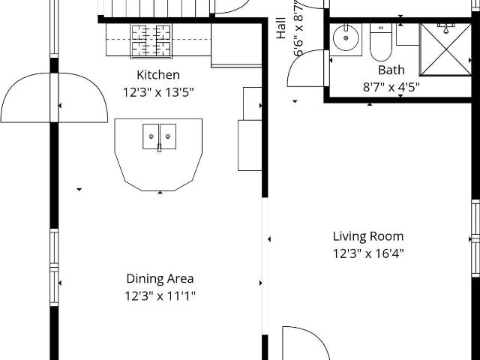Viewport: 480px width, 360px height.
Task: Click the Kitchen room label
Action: tap(158, 75)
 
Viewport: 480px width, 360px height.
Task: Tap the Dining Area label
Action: tap(160, 279)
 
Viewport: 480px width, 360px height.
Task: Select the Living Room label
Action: tap(368, 237)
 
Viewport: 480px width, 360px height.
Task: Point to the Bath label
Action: tap(391, 70)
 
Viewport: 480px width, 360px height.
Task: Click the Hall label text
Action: tap(281, 28)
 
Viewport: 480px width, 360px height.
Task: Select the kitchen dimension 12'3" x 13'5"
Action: tap(158, 92)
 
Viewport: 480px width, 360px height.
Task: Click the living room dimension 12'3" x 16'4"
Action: tap(368, 253)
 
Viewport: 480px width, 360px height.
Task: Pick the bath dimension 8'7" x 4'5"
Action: tap(391, 87)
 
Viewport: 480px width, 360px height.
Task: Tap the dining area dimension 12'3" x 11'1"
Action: tap(160, 296)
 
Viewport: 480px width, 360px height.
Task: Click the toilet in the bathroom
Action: tap(381, 42)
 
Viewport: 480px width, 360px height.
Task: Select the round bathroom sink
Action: tap(346, 38)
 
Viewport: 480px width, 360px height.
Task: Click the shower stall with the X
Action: tap(445, 49)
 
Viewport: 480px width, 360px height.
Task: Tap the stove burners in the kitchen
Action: tap(151, 41)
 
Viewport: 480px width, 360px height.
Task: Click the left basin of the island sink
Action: tap(151, 136)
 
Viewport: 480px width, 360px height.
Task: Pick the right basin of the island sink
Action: tap(168, 136)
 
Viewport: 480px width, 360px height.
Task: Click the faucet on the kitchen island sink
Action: tap(159, 148)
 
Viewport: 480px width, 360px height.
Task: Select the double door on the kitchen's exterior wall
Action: tap(54, 97)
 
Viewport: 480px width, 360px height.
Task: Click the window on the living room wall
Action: tap(475, 238)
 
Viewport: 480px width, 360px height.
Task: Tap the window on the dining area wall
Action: tap(54, 267)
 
